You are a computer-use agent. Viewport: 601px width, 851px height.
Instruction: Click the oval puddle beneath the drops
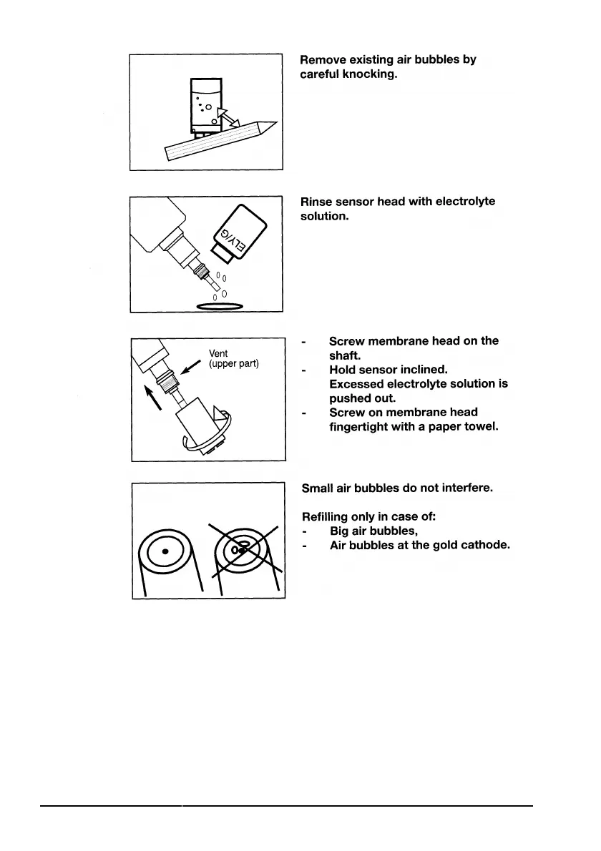coord(220,307)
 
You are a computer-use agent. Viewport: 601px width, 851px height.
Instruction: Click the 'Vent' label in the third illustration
coord(218,353)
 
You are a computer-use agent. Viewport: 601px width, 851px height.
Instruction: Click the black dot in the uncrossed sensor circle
coord(165,551)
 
